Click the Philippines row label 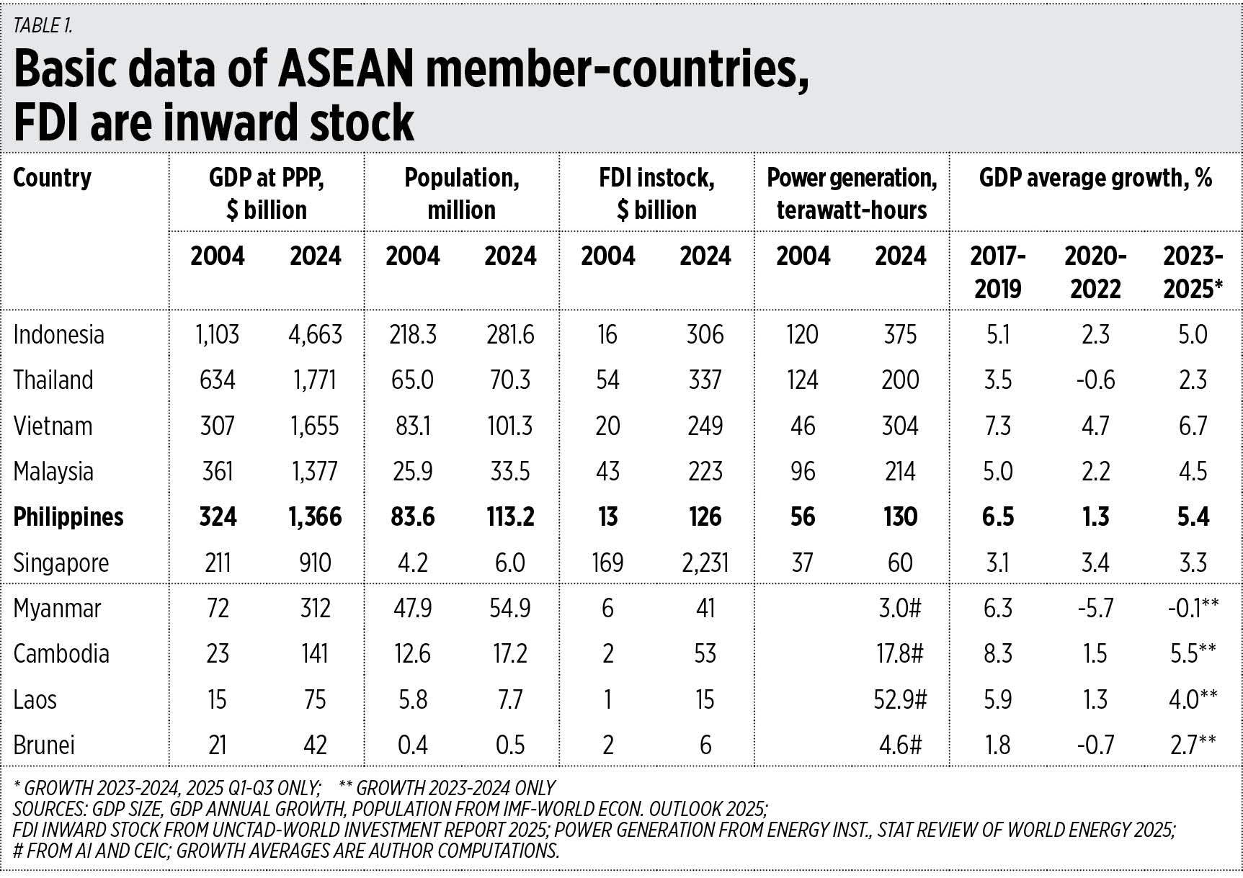68,517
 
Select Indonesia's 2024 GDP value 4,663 316,335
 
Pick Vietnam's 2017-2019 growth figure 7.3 997,426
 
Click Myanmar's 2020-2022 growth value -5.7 1095,609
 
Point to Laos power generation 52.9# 898,699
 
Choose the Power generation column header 852,194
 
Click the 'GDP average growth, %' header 1095,178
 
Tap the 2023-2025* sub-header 1193,272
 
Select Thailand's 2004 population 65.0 413,380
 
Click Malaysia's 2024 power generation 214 900,472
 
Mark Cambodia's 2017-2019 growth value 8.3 997,654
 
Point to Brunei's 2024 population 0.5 510,745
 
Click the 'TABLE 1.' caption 43,26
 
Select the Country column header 53,178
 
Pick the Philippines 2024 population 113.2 510,517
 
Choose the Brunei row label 44,745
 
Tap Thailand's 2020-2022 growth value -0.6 1095,380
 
